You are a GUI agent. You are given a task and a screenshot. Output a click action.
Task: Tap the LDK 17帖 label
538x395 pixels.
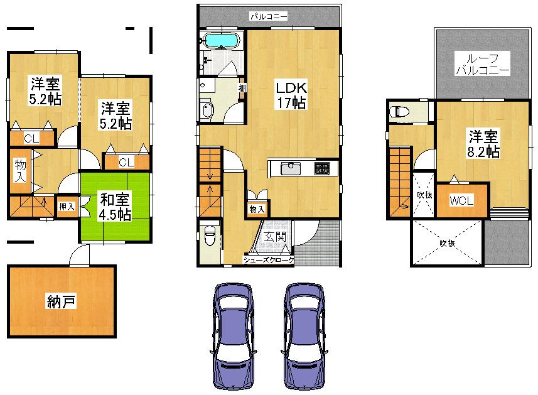click(x=289, y=94)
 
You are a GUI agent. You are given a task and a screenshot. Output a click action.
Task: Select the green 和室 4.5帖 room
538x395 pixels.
click(x=116, y=207)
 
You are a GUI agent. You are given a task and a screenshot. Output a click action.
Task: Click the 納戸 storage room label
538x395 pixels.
click(x=61, y=302)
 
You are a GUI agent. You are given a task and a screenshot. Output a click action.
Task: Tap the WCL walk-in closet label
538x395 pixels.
click(x=461, y=201)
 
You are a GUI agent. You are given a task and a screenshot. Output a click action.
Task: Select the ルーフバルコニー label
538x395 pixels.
click(x=482, y=63)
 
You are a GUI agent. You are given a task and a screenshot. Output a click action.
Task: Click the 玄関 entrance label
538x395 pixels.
click(x=275, y=237)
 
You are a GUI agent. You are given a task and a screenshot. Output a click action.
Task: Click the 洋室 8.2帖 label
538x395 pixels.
click(x=482, y=144)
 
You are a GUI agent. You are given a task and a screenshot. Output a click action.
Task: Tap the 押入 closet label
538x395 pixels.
click(x=67, y=205)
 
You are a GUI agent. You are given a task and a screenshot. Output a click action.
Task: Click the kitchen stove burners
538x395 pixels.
click(x=322, y=168)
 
